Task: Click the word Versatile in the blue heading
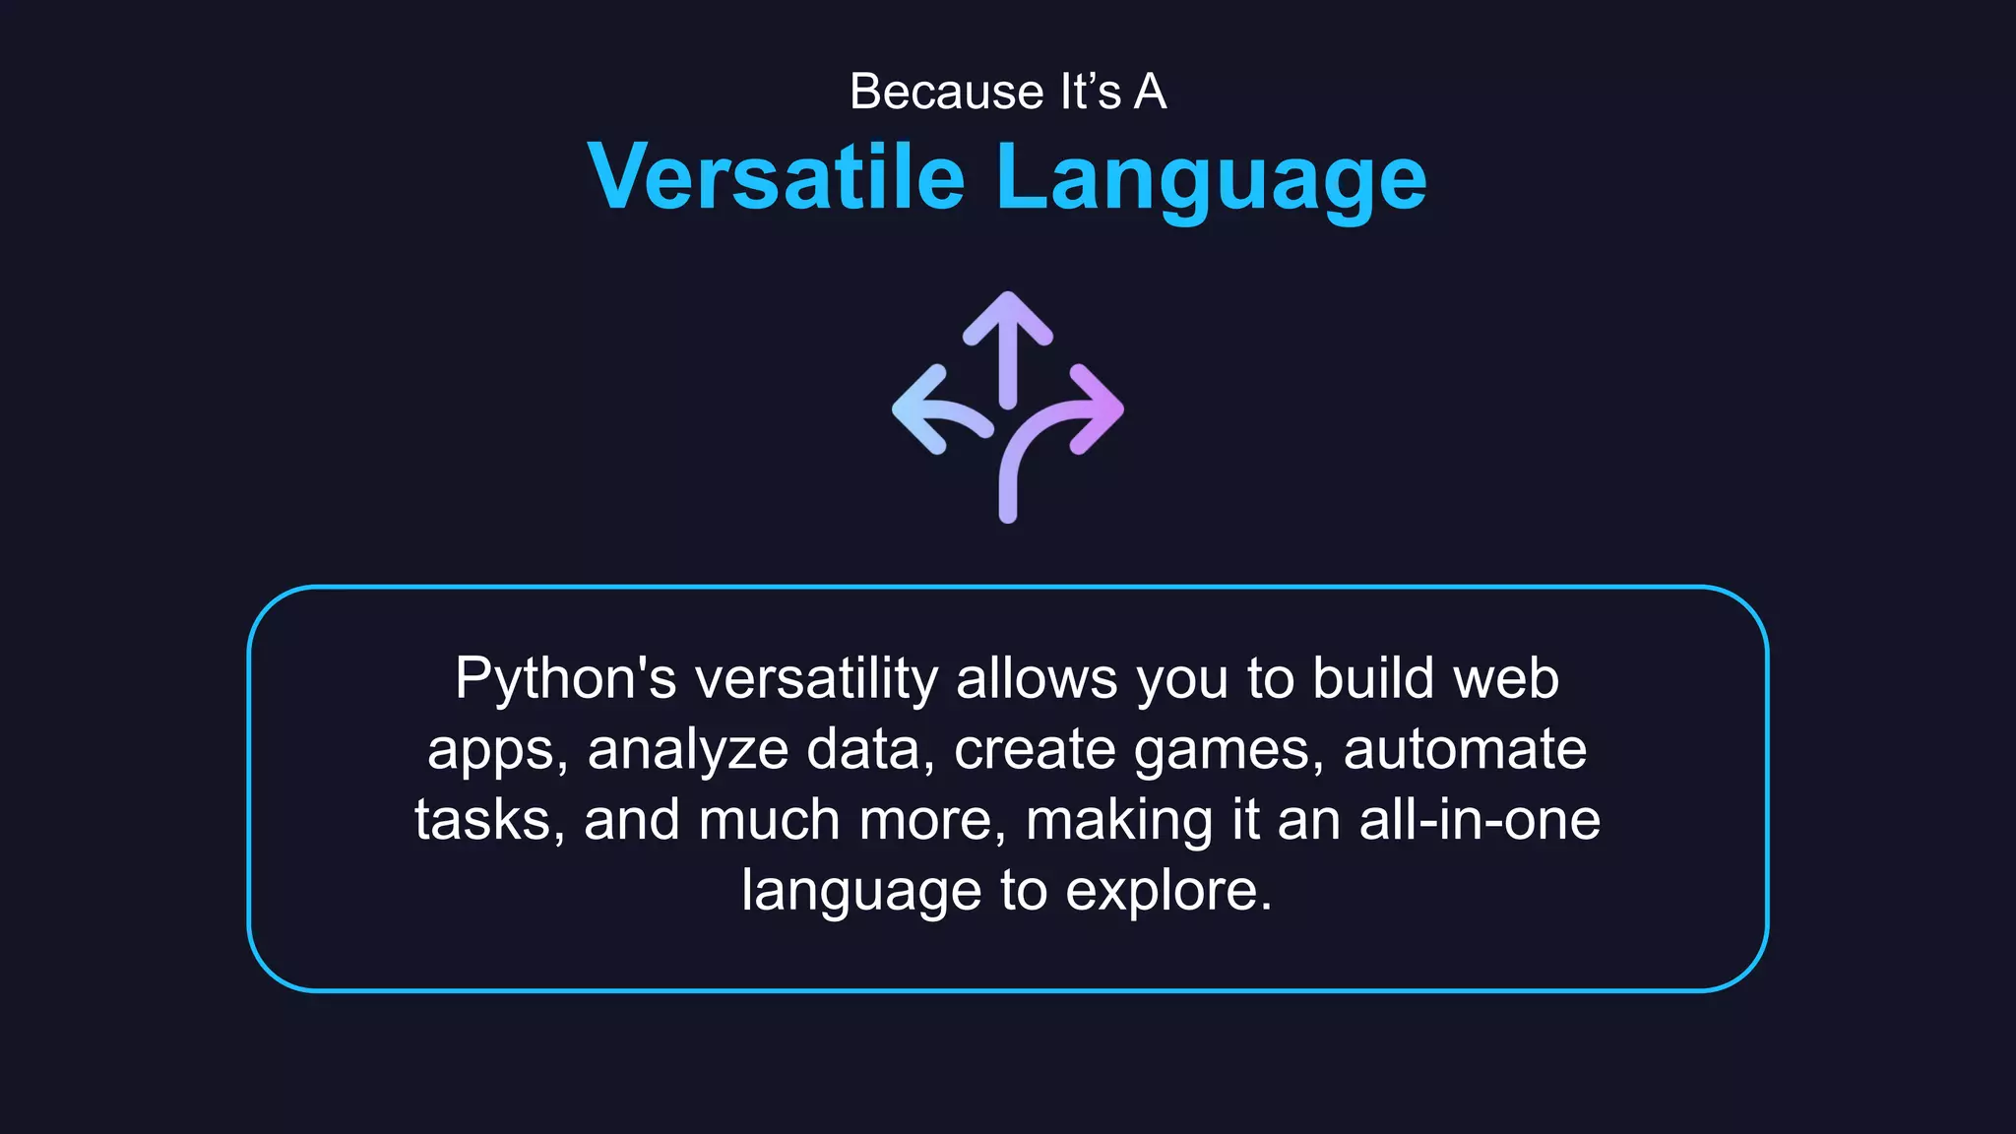pyautogui.click(x=776, y=177)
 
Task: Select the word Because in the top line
pyautogui.click(x=946, y=92)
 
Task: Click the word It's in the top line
pyautogui.click(x=1090, y=92)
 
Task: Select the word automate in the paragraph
pyautogui.click(x=1464, y=750)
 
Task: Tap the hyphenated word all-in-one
pyautogui.click(x=1480, y=820)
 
